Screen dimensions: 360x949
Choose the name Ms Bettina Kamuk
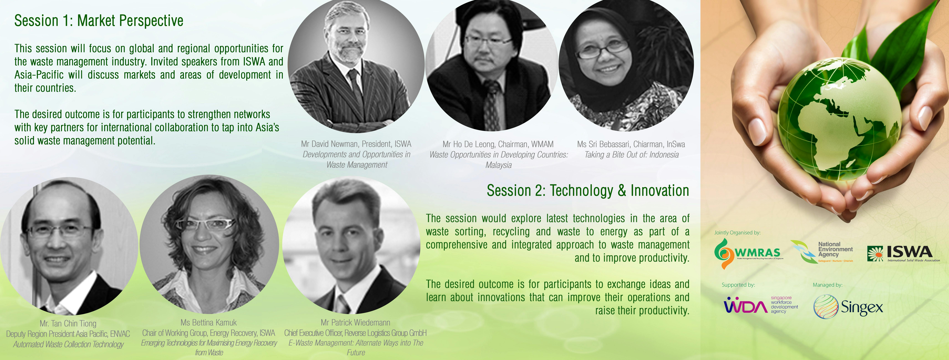tap(209, 322)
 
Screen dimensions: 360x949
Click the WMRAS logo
tap(748, 253)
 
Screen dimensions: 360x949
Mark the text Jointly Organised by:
tap(737, 233)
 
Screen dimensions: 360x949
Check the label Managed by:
tap(827, 285)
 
